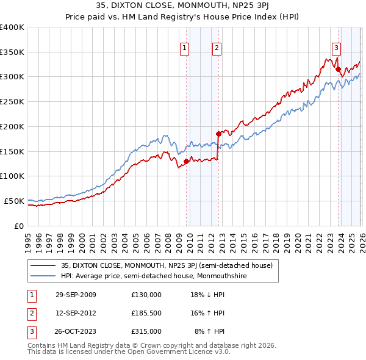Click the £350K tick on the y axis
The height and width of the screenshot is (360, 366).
[12, 52]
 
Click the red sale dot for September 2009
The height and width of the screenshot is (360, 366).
[186, 161]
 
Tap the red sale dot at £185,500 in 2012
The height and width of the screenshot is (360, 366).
[218, 133]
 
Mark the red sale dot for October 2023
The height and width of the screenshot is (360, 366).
[338, 69]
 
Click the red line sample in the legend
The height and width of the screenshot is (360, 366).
[43, 265]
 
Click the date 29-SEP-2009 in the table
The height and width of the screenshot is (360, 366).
[76, 294]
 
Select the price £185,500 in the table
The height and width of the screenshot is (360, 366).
[146, 313]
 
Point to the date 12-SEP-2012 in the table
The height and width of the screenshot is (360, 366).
[76, 313]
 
